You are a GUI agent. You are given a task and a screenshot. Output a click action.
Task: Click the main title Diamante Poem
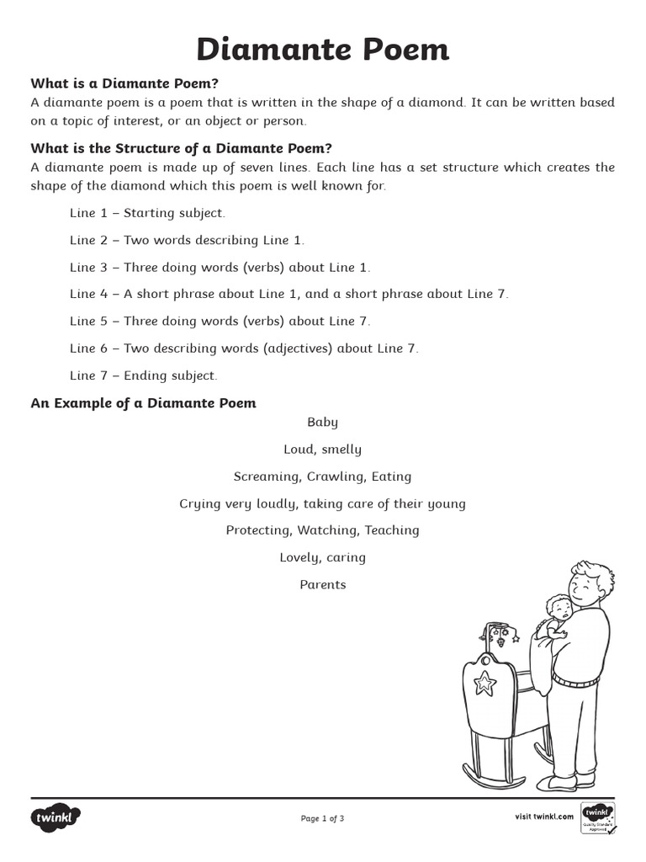tap(323, 50)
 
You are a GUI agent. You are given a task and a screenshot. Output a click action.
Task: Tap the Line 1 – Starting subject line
tap(147, 213)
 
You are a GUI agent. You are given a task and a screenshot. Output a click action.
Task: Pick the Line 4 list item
tap(289, 294)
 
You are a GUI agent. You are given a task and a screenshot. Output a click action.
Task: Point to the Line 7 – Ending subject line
tap(143, 375)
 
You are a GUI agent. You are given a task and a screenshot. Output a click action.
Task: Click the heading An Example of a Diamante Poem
tap(144, 403)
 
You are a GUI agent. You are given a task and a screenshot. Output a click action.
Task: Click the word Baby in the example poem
tap(322, 423)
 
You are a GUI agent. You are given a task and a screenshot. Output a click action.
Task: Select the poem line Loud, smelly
tap(322, 450)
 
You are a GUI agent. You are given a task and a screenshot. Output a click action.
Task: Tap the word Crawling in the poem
tap(334, 476)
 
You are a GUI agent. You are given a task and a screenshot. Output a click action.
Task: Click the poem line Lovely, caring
tap(322, 557)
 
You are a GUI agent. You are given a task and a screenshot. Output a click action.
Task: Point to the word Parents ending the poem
tap(322, 584)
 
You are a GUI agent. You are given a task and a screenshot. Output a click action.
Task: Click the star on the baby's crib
tap(484, 683)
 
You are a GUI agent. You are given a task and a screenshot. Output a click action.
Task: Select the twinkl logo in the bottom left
tap(57, 817)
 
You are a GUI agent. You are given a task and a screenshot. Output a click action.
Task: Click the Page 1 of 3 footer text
tap(322, 818)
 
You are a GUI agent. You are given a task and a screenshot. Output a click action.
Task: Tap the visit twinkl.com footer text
tap(543, 817)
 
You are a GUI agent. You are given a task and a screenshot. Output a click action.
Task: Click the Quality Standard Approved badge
tap(599, 817)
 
